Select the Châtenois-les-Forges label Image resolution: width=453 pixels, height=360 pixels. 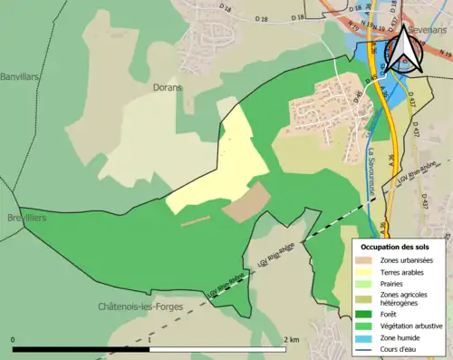point(140,307)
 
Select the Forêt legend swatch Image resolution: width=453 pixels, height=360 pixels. point(364,314)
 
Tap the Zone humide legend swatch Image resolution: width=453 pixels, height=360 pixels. point(364,336)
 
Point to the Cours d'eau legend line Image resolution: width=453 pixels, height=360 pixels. point(364,347)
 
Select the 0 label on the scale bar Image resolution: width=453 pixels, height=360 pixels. point(13,340)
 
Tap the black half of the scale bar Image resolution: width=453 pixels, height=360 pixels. point(82,349)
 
